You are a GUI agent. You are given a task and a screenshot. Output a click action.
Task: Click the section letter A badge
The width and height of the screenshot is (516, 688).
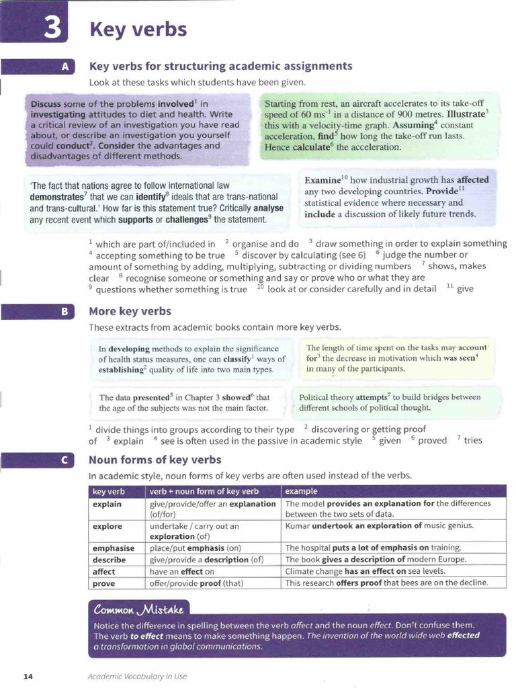tap(64, 67)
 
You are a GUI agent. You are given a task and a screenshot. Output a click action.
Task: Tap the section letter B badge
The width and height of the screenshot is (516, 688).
tap(64, 312)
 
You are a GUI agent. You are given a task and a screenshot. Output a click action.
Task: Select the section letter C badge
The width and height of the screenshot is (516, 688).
tap(64, 460)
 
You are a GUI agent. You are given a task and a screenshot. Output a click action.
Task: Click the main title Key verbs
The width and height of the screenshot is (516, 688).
tap(138, 30)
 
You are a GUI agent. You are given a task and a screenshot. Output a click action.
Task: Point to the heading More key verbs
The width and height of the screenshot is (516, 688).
tap(130, 312)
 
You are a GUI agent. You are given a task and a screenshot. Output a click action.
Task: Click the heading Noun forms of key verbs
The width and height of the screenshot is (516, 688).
tap(155, 460)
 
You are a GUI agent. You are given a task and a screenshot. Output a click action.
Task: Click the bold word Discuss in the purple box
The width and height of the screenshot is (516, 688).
tap(46, 104)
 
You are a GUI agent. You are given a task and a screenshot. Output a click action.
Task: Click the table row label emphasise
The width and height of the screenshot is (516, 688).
tap(114, 548)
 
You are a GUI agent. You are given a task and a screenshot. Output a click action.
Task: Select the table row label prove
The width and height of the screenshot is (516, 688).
tap(104, 583)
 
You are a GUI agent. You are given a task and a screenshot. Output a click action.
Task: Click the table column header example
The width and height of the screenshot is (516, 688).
tap(301, 492)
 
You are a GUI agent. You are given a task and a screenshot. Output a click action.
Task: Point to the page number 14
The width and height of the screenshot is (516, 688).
tap(28, 676)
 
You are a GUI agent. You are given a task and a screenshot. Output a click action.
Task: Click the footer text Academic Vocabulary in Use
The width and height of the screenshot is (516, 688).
tap(137, 676)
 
